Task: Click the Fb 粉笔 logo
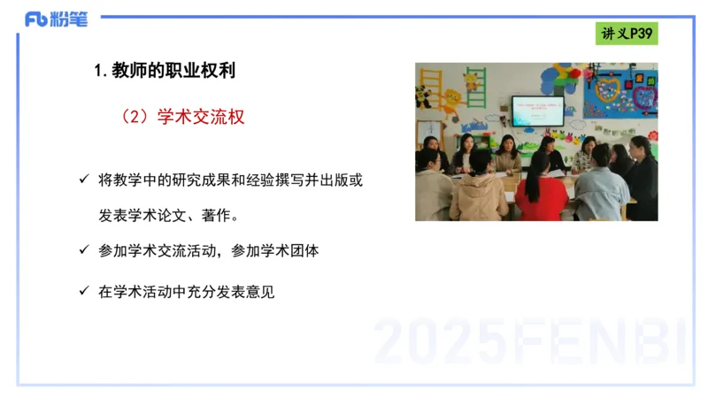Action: click(x=56, y=19)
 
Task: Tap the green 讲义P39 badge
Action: click(x=626, y=34)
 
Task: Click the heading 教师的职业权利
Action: click(x=173, y=72)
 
